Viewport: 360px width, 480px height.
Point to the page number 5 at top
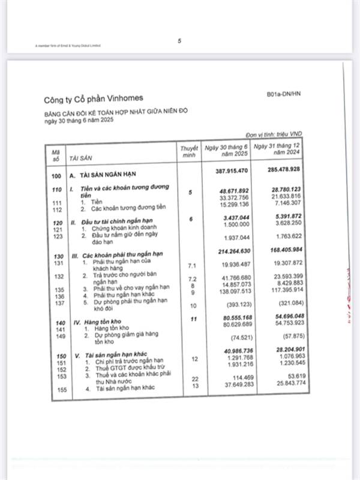pos(179,41)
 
